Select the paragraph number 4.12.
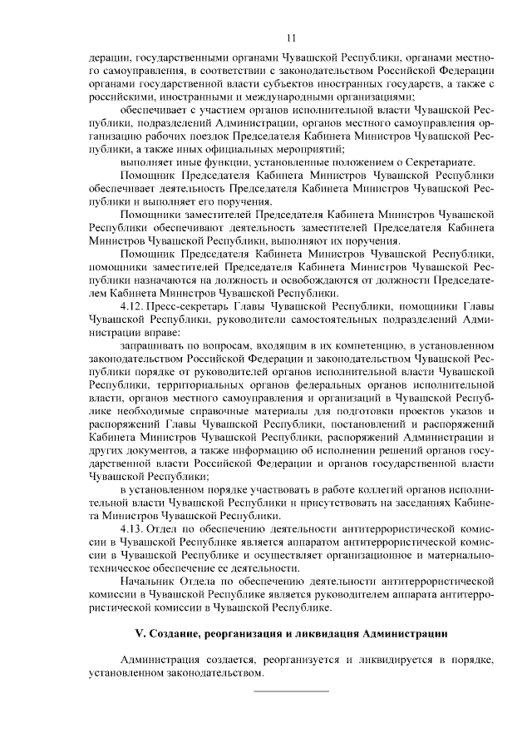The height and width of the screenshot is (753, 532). pyautogui.click(x=134, y=307)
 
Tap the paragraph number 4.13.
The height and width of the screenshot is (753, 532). pyautogui.click(x=134, y=530)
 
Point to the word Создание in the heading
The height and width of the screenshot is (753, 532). pyautogui.click(x=175, y=634)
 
